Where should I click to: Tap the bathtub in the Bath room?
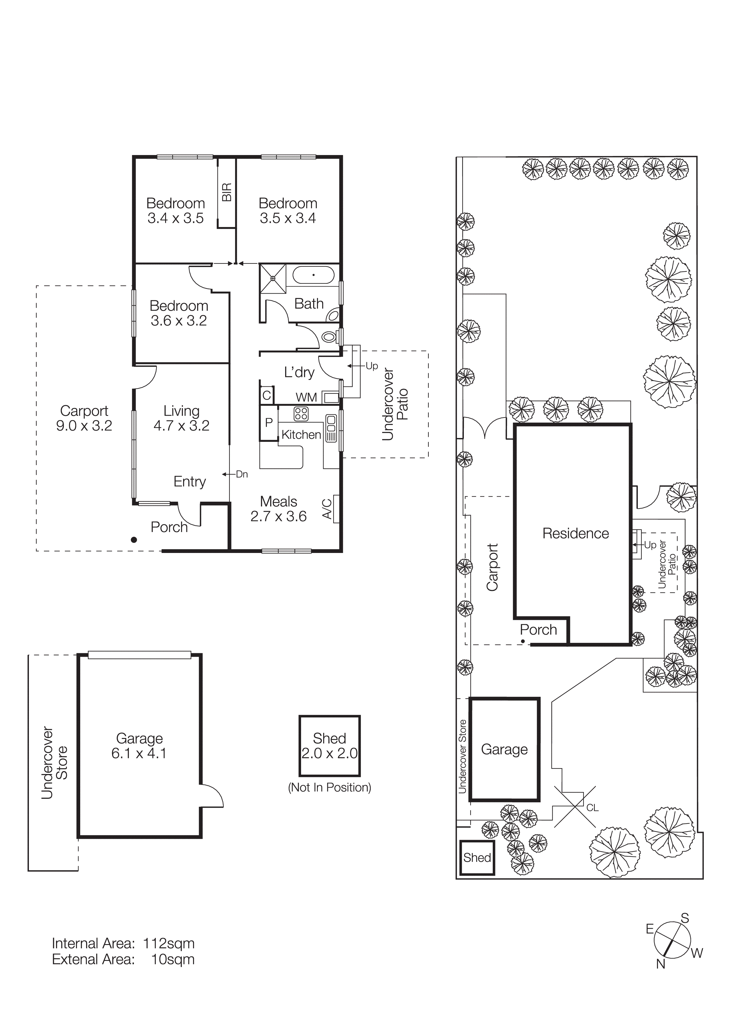[313, 275]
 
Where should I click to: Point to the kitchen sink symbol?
[331, 428]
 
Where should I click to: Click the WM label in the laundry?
[306, 397]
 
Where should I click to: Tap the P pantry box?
[269, 422]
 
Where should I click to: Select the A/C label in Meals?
[327, 508]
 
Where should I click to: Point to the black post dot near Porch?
[134, 539]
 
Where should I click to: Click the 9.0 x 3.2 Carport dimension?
[84, 426]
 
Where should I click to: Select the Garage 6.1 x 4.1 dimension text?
[139, 753]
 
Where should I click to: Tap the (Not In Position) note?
[329, 787]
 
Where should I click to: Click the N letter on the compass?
[660, 964]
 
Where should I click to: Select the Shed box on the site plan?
[477, 857]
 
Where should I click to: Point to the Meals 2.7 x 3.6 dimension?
[278, 516]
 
